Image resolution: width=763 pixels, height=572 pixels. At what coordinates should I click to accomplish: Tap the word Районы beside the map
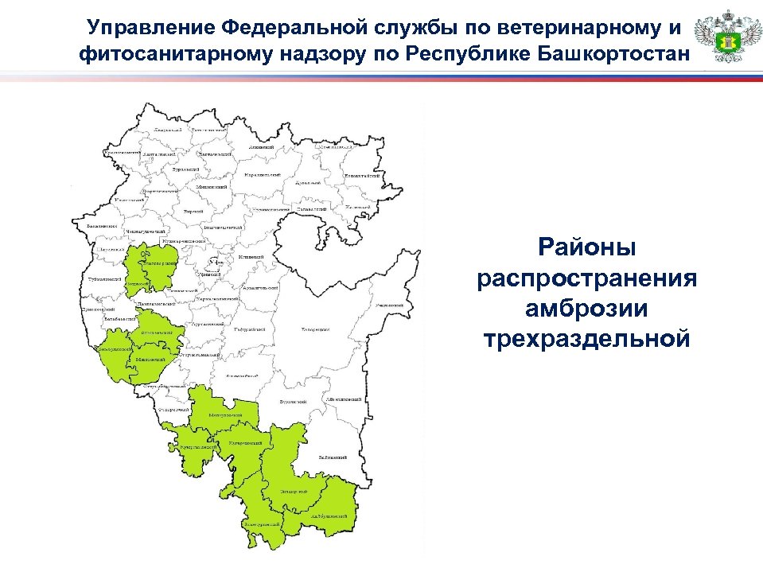click(587, 247)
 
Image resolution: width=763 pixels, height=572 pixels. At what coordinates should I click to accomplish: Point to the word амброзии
click(587, 309)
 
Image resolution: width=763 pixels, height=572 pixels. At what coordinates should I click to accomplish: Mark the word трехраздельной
click(587, 340)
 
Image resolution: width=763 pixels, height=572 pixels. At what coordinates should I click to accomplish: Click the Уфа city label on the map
click(213, 261)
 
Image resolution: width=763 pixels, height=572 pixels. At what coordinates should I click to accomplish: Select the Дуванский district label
click(307, 182)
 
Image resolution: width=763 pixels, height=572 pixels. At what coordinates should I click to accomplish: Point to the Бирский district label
click(193, 212)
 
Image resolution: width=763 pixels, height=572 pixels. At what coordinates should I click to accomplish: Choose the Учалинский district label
click(390, 305)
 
